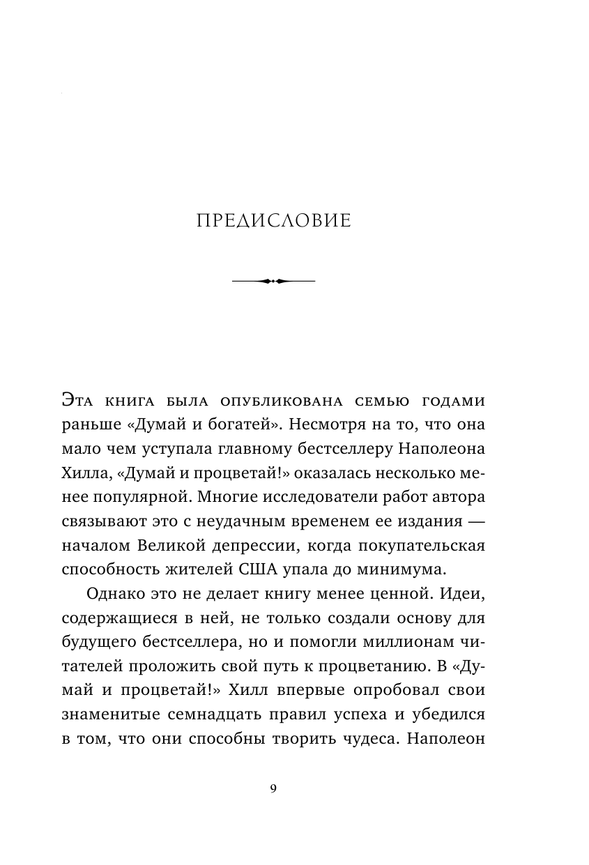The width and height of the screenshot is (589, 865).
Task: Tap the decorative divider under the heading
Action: pyautogui.click(x=273, y=281)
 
